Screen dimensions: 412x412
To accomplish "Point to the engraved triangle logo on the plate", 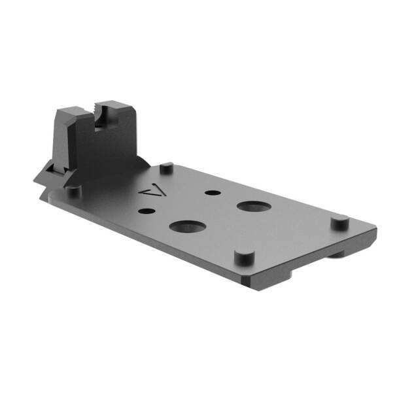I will (x=152, y=192).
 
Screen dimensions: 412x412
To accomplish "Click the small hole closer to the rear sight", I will (x=147, y=211).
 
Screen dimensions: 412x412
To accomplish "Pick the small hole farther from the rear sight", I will (x=211, y=193).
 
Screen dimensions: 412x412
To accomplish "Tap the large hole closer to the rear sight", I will (x=185, y=227).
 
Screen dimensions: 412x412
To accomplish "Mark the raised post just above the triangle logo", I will (x=167, y=167).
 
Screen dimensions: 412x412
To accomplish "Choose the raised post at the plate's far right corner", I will (x=338, y=222).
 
